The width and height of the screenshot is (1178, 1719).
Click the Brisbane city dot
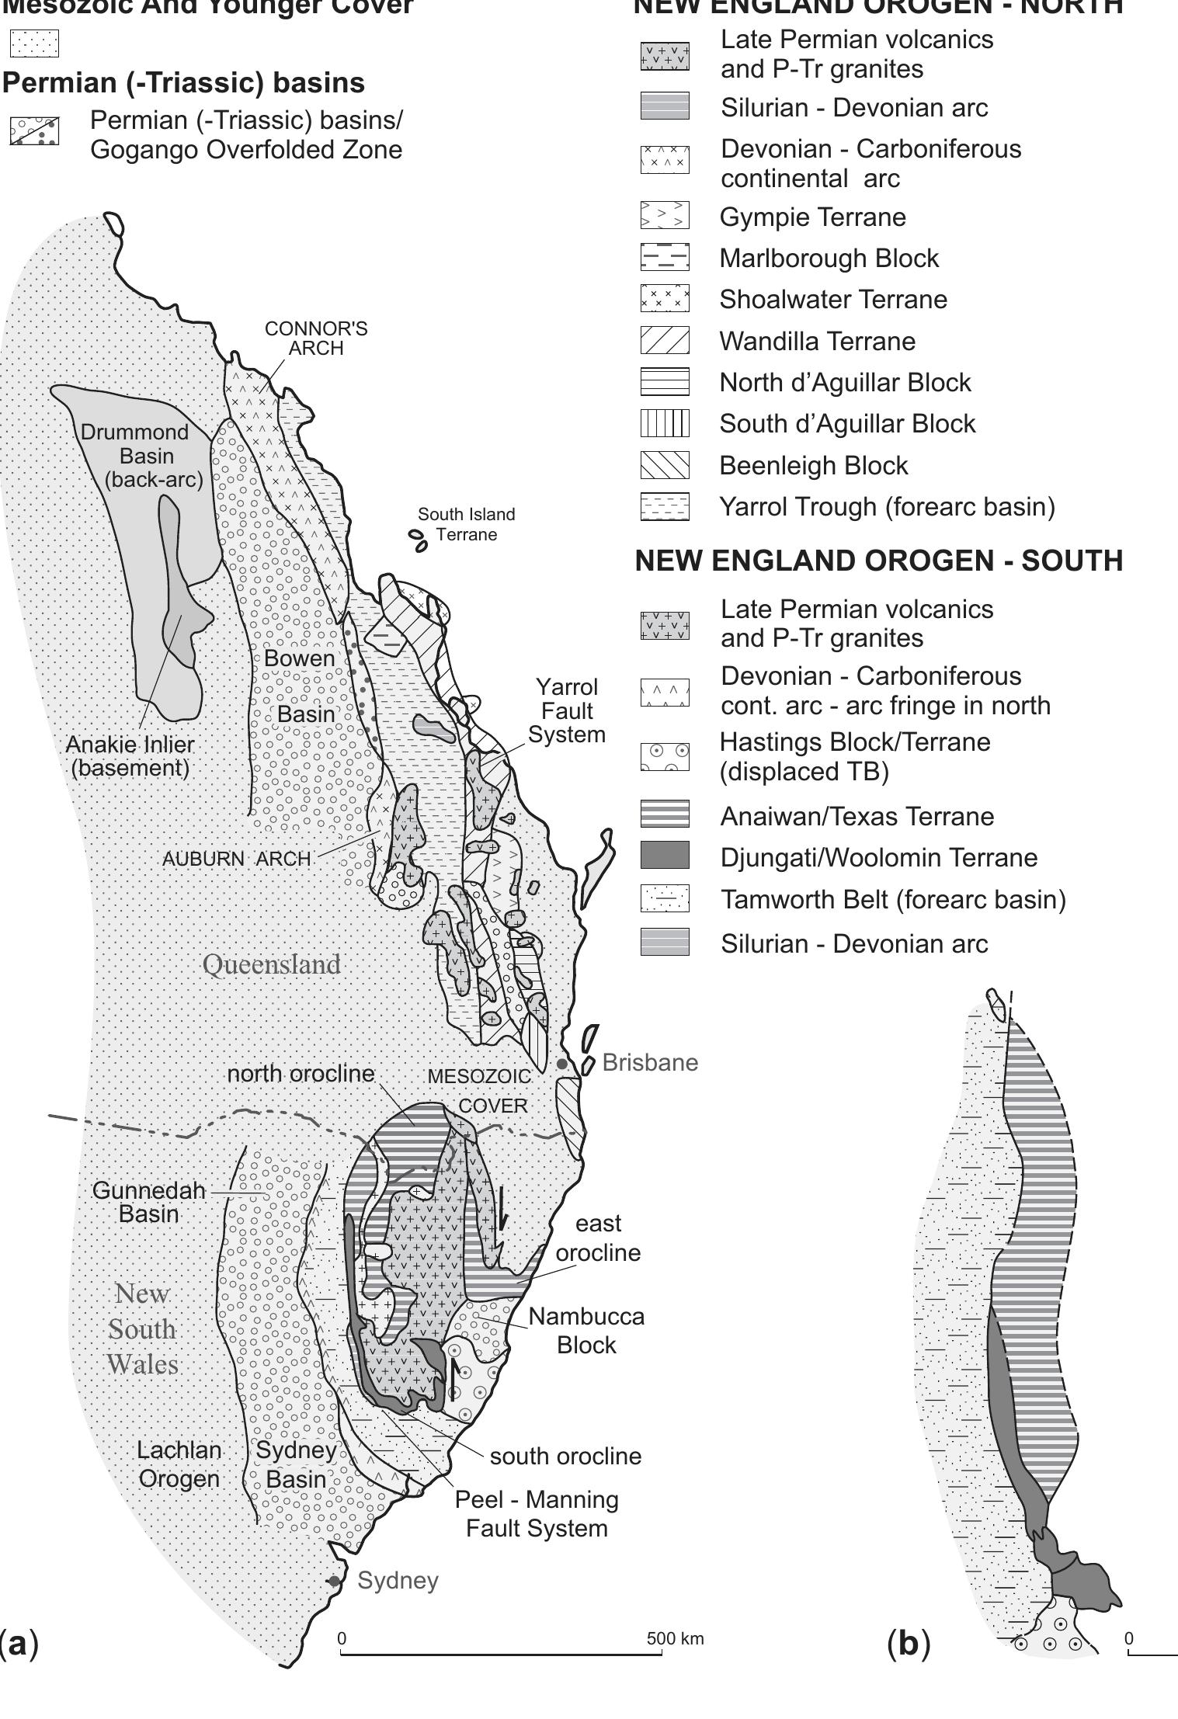[x=562, y=1064]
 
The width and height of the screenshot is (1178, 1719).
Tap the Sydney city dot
[x=334, y=1581]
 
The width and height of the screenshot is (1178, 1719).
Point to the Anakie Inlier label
[x=130, y=755]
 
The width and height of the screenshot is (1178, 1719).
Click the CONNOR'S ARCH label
[x=316, y=338]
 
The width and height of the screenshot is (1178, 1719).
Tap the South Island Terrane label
[x=466, y=524]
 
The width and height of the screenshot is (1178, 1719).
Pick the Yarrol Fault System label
[x=568, y=710]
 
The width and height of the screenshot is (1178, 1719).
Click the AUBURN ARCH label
[x=236, y=859]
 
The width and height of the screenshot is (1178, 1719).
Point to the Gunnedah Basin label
[x=149, y=1201]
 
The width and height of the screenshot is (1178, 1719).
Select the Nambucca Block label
[x=586, y=1330]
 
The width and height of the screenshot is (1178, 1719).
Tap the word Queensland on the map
[x=272, y=964]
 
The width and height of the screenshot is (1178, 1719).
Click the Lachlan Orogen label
[x=179, y=1464]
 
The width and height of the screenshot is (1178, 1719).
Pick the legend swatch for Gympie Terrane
[x=664, y=215]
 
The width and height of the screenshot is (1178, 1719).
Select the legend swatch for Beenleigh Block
[x=664, y=465]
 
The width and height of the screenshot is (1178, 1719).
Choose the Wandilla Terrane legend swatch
[x=664, y=340]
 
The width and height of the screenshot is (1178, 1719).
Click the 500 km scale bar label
[x=675, y=1638]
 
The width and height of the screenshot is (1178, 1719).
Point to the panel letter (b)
[x=908, y=1643]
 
